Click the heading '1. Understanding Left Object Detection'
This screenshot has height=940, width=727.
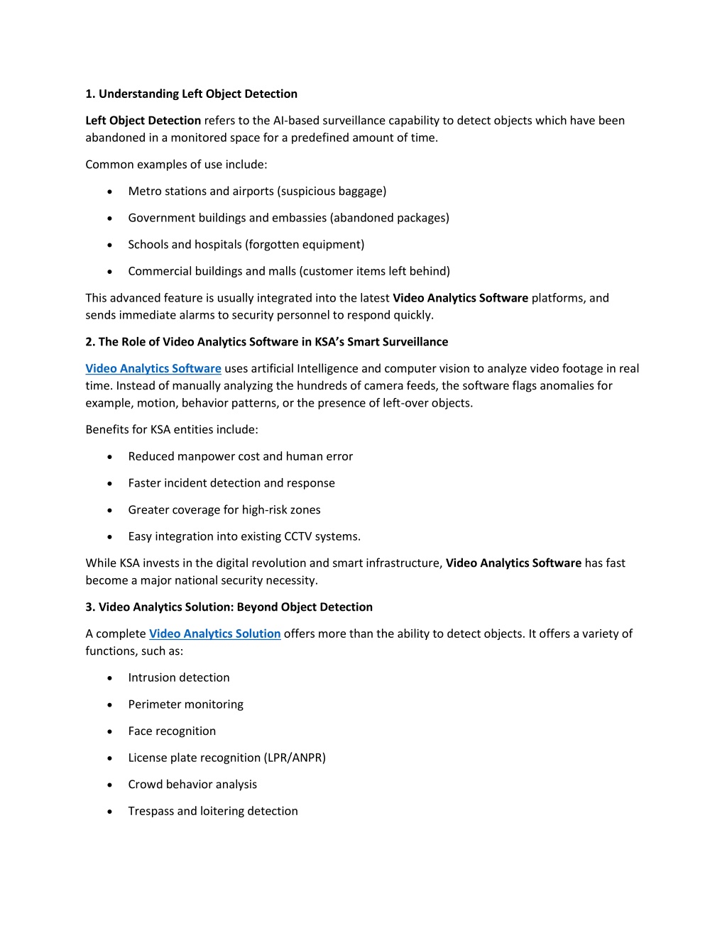pyautogui.click(x=191, y=94)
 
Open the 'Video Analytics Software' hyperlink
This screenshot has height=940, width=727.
pyautogui.click(x=153, y=368)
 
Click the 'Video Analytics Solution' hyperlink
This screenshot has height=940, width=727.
pyautogui.click(x=214, y=634)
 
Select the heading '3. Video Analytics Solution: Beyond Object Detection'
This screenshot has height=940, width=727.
pyautogui.click(x=229, y=607)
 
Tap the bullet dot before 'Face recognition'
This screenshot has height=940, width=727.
pyautogui.click(x=109, y=731)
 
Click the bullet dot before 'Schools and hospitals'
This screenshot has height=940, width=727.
pyautogui.click(x=109, y=245)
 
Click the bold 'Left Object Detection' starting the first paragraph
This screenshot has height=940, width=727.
pyautogui.click(x=143, y=121)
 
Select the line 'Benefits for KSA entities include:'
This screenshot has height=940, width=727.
pyautogui.click(x=172, y=429)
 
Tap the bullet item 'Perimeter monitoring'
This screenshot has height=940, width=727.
pyautogui.click(x=185, y=704)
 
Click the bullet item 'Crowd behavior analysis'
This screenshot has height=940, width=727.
pyautogui.click(x=192, y=784)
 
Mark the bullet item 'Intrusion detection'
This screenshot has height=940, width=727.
pyautogui.click(x=179, y=678)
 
